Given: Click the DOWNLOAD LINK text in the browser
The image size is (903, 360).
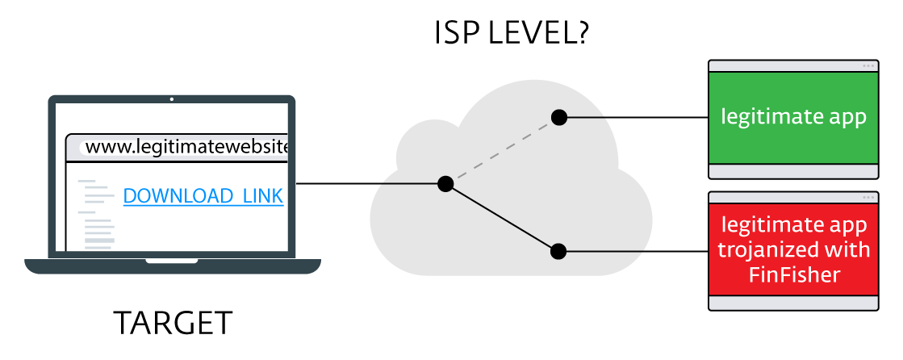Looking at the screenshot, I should pyautogui.click(x=203, y=196).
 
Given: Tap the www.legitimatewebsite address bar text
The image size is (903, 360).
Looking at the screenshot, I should pyautogui.click(x=186, y=147).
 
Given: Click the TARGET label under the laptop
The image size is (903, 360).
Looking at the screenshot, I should pyautogui.click(x=173, y=324).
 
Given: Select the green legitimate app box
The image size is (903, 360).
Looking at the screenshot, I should pyautogui.click(x=792, y=118).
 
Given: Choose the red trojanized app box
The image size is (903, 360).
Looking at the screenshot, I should pyautogui.click(x=792, y=249).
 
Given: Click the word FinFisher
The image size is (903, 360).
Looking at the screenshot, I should pyautogui.click(x=794, y=275).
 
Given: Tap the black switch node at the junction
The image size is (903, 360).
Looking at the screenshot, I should pyautogui.click(x=445, y=184).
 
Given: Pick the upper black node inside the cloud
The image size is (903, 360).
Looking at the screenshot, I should pyautogui.click(x=558, y=118).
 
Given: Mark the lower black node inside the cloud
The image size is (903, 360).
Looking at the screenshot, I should pyautogui.click(x=558, y=251).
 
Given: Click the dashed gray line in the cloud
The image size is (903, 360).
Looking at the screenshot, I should pyautogui.click(x=501, y=151).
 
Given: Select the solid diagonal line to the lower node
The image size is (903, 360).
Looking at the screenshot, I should pyautogui.click(x=501, y=218).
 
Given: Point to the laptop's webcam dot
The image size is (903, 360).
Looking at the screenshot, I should pyautogui.click(x=172, y=101).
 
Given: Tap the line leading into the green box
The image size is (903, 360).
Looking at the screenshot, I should pyautogui.click(x=633, y=118).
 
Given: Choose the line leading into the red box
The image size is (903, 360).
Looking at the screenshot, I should pyautogui.click(x=633, y=251).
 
